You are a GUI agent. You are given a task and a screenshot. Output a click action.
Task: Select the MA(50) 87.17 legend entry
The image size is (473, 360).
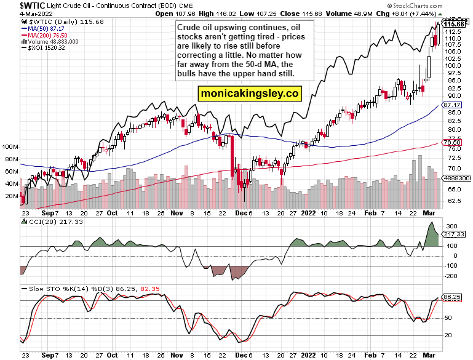(x=44, y=28)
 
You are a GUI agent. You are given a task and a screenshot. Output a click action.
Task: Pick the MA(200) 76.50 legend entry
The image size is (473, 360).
(x=46, y=35)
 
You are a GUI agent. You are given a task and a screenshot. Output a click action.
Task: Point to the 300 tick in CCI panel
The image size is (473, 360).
(x=451, y=226)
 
